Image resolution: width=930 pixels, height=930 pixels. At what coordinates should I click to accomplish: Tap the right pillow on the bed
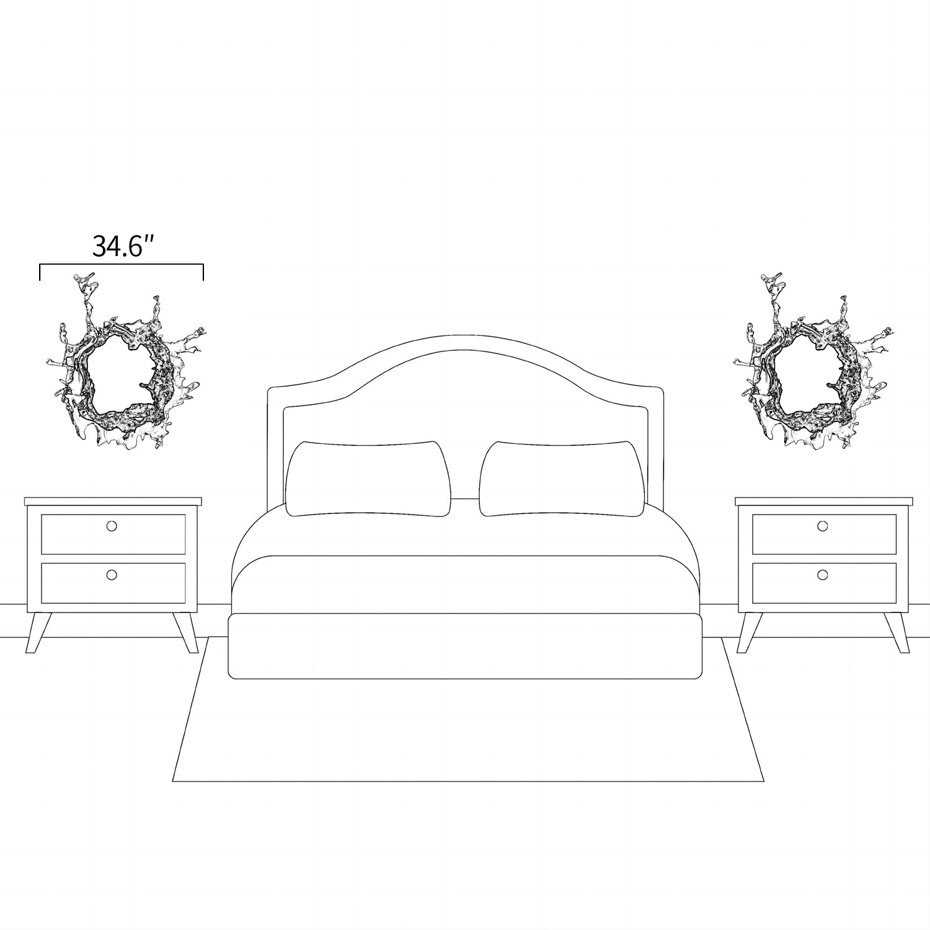[x=562, y=478]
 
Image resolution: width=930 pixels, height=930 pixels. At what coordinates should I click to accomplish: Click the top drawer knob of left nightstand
[x=112, y=526]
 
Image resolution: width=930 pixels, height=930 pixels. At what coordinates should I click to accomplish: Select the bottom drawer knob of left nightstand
[x=112, y=575]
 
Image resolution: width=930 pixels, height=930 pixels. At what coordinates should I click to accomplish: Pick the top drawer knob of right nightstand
[x=823, y=526]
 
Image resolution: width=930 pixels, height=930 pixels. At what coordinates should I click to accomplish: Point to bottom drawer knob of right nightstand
[x=823, y=575]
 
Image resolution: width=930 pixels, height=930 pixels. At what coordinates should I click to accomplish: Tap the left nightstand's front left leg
[x=38, y=632]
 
